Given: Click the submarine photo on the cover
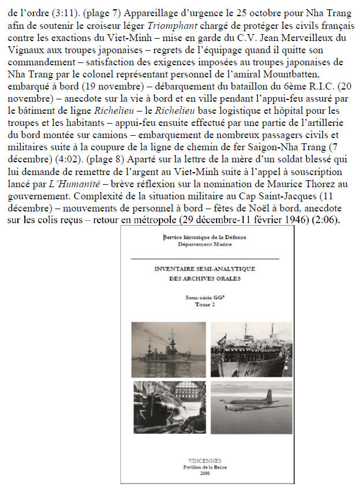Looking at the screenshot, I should tap(166, 408).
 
